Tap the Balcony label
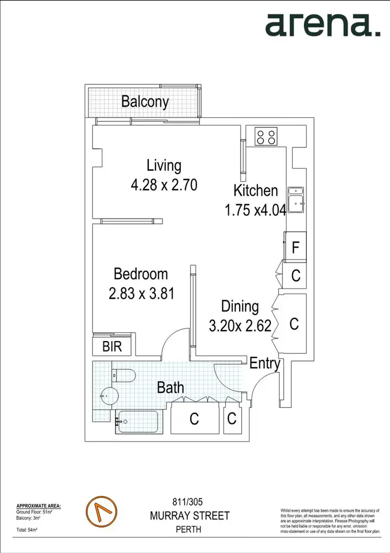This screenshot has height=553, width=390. pos(145,101)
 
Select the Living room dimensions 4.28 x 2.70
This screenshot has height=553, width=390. pos(164,184)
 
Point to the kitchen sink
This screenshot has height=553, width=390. pos(297,200)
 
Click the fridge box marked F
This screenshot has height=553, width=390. pos(295,247)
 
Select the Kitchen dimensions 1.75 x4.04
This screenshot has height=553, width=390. pos(255,210)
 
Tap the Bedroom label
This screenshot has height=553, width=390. pos(141,273)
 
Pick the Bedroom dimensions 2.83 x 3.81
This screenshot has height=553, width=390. pos(141,293)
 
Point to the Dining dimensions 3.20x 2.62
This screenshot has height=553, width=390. pos(240,326)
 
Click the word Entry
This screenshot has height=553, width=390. pos(265,363)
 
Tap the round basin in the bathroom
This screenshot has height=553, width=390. pos(110,397)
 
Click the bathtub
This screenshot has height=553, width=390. pos(138,422)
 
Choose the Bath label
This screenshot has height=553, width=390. pos(171,387)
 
